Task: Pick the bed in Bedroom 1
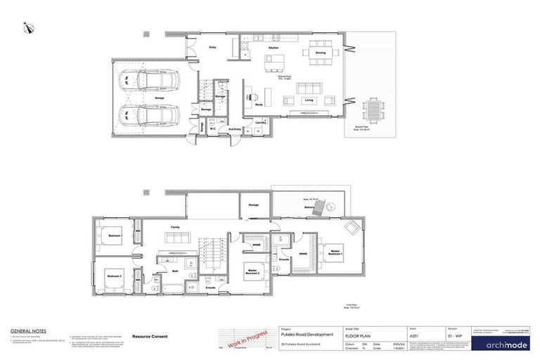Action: pos(113,235)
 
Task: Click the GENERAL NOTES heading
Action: pos(29,330)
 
